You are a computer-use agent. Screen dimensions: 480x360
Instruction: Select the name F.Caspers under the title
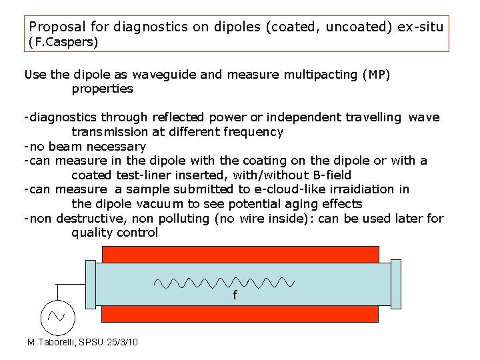click(63, 43)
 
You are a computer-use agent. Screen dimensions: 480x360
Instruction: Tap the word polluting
click(177, 218)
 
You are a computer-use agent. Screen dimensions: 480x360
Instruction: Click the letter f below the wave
click(234, 295)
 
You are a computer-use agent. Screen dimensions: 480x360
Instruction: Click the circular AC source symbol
click(57, 317)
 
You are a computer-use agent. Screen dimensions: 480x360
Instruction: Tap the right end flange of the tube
click(396, 283)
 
